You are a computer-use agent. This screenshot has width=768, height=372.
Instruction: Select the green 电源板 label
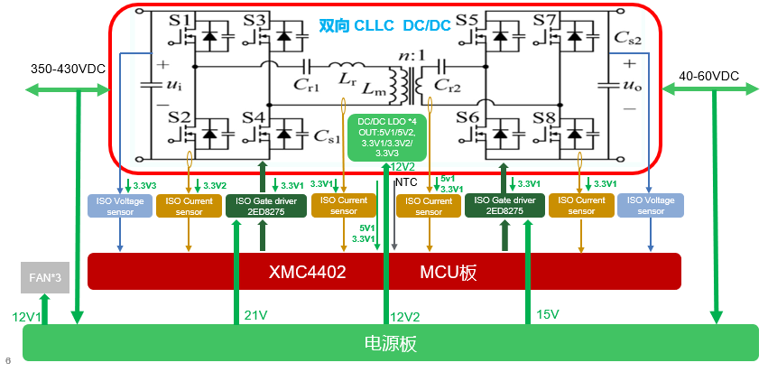(x=389, y=344)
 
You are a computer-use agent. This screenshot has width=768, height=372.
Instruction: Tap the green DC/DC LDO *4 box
(x=386, y=136)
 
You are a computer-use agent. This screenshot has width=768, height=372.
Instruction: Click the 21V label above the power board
(x=256, y=314)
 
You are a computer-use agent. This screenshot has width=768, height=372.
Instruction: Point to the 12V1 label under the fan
(x=27, y=316)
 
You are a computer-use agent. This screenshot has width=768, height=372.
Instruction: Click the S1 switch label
(x=180, y=20)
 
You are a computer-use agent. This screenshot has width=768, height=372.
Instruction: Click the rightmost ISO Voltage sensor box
(x=650, y=206)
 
